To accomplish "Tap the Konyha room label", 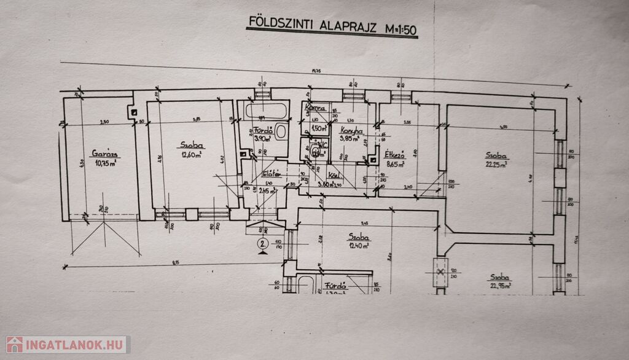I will tap(351, 130).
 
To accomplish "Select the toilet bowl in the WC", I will tap(315, 151).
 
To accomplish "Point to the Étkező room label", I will tap(393, 155).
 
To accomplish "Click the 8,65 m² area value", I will tap(394, 165).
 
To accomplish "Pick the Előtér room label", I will tap(272, 174).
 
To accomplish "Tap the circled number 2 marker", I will tap(262, 244).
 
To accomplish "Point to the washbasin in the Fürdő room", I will tap(281, 131).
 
